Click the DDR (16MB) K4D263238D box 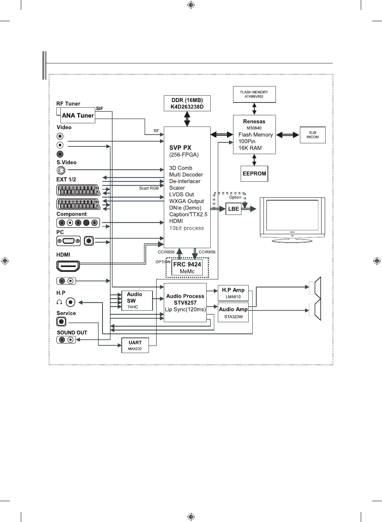coord(187,103)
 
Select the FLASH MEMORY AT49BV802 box coord(254,94)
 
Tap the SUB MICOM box coord(313,135)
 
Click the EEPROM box coord(254,174)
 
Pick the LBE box coord(233,209)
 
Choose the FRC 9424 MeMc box coord(187,267)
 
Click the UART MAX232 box coord(135,345)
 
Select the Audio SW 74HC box coord(137,300)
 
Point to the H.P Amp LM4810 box coord(233,293)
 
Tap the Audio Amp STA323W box coord(233,313)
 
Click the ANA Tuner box coord(78,115)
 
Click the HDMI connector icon coord(68,266)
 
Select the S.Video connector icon coord(61,171)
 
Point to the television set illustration coord(292,220)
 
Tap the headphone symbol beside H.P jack coord(59,302)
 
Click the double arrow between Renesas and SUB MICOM coord(288,135)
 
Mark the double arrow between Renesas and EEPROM coord(254,160)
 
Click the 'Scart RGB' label coord(149,188)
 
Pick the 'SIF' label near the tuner coord(100,108)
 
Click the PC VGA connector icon coord(68,241)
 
